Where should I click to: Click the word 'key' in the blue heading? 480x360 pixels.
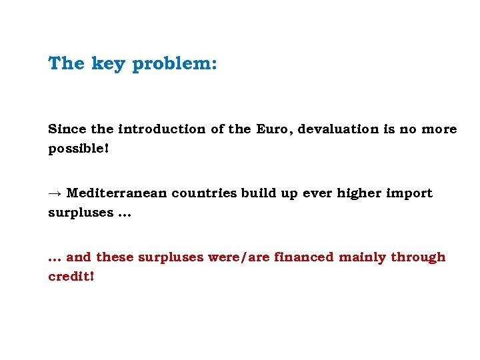108,64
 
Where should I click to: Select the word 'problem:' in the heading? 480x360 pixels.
175,65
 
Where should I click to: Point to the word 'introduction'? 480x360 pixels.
161,129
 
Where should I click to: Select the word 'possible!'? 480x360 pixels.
78,148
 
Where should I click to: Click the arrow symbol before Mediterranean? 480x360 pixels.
55,193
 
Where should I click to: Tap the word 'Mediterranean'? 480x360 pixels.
117,193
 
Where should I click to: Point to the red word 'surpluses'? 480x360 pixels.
169,257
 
